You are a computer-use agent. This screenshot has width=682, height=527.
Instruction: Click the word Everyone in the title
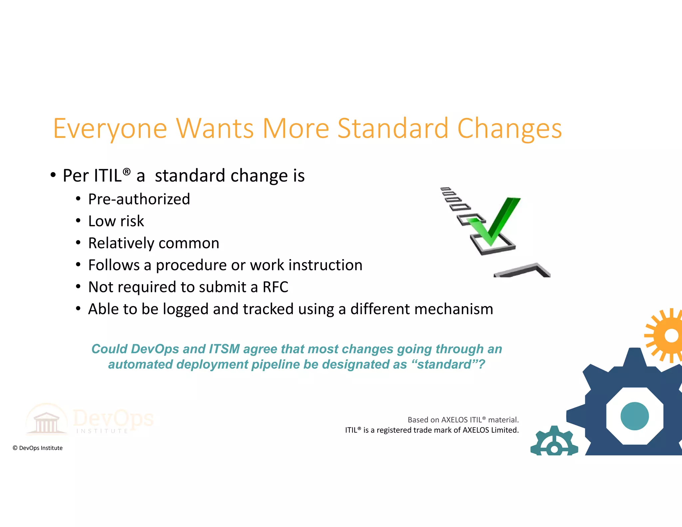coord(110,129)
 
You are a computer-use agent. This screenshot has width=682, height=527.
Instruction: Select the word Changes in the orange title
coord(510,129)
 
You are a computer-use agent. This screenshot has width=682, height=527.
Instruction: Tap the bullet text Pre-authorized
coord(139,199)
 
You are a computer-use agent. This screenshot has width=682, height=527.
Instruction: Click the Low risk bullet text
coord(116,221)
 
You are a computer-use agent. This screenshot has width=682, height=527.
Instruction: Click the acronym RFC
coord(275,287)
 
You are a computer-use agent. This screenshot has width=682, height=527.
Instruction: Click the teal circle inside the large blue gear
coord(635,416)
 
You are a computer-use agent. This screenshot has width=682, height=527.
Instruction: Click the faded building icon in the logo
coord(47,421)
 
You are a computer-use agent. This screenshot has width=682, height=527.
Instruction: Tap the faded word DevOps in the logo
coord(113,418)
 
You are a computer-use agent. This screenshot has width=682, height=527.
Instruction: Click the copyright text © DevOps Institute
coord(38,448)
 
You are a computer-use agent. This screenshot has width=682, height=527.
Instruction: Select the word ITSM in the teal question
coord(224,349)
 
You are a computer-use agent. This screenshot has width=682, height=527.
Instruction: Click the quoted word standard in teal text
coord(444,364)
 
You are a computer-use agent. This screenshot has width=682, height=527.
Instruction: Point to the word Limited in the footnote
coord(505,430)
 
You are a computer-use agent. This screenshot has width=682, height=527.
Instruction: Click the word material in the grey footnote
coord(503,420)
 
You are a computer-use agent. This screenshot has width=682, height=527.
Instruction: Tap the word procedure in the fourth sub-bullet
coord(191,265)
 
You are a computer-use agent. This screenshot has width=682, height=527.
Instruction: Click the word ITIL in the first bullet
coord(108,176)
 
